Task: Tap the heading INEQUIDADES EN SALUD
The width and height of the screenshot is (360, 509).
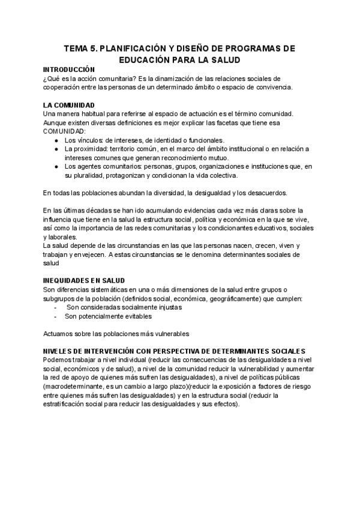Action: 83,280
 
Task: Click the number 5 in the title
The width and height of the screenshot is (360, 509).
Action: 95,48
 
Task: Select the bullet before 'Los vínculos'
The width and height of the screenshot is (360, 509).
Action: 56,140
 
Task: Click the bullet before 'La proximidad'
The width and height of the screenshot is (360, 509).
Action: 56,149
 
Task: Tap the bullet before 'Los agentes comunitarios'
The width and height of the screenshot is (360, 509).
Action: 56,166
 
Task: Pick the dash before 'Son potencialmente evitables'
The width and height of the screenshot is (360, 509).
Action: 55,316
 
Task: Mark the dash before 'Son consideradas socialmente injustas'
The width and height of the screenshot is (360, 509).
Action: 55,307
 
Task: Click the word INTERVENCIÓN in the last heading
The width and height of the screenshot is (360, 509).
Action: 120,351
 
